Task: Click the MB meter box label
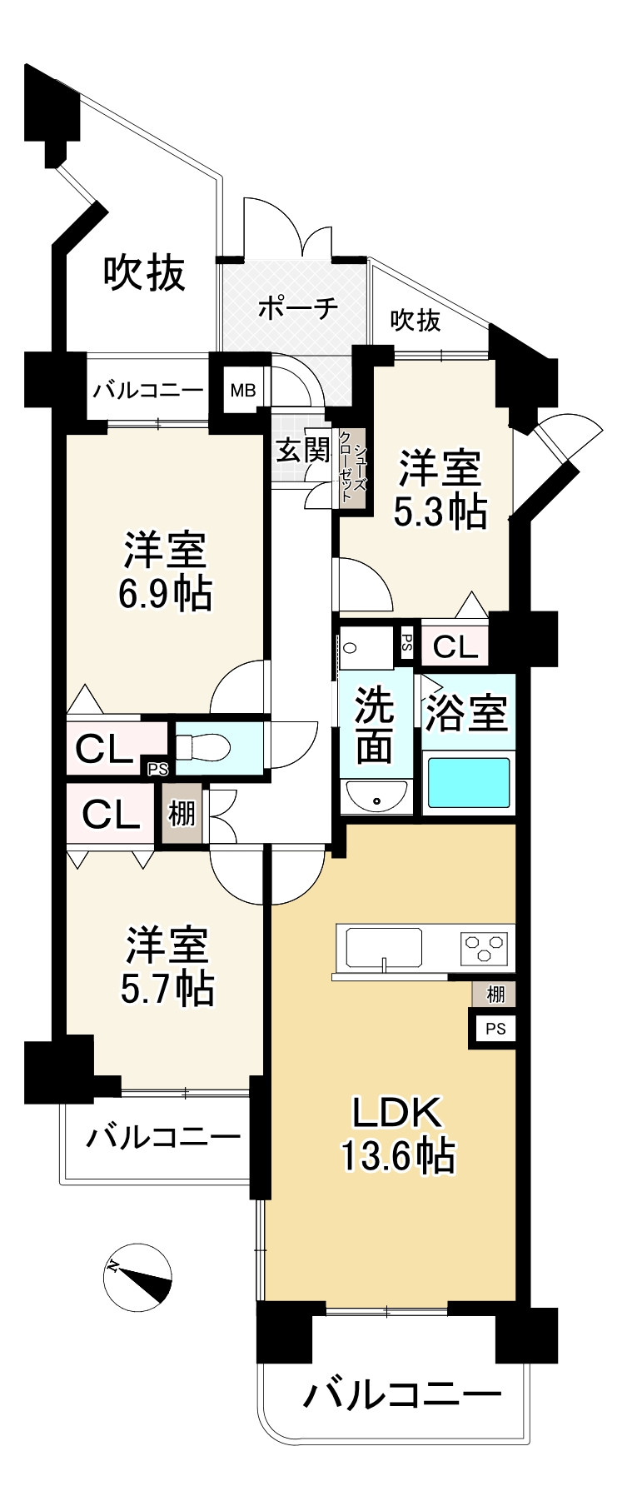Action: [243, 390]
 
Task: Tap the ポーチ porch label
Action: [297, 307]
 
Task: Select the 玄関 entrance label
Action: [303, 451]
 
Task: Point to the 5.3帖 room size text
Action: [440, 512]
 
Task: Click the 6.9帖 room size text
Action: [165, 594]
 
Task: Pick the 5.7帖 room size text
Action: [167, 988]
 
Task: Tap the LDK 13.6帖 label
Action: [396, 1134]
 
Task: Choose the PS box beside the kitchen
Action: [495, 1029]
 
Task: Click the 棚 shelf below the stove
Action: [495, 994]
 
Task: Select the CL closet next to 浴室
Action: [455, 646]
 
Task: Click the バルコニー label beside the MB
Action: [147, 390]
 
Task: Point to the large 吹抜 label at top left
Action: [144, 272]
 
